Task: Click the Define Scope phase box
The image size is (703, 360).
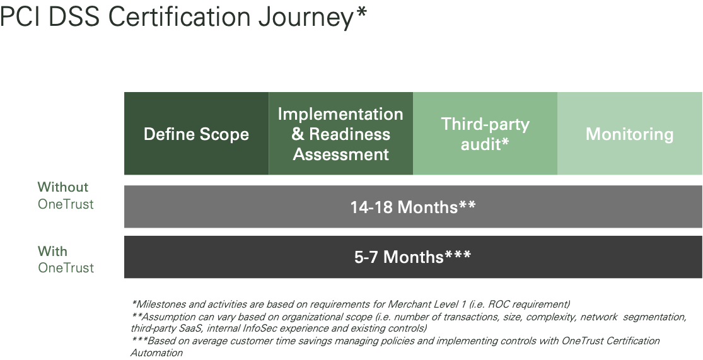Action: tap(196, 134)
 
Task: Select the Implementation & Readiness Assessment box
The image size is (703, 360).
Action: tap(340, 134)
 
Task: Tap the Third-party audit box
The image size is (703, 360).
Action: tap(485, 134)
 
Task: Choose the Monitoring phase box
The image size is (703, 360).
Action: tap(629, 134)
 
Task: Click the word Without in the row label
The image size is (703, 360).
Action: tap(63, 187)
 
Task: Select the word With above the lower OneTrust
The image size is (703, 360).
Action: tap(52, 251)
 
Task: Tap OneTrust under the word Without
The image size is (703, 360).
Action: tap(66, 204)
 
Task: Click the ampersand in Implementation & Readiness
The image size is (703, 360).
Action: tap(298, 134)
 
